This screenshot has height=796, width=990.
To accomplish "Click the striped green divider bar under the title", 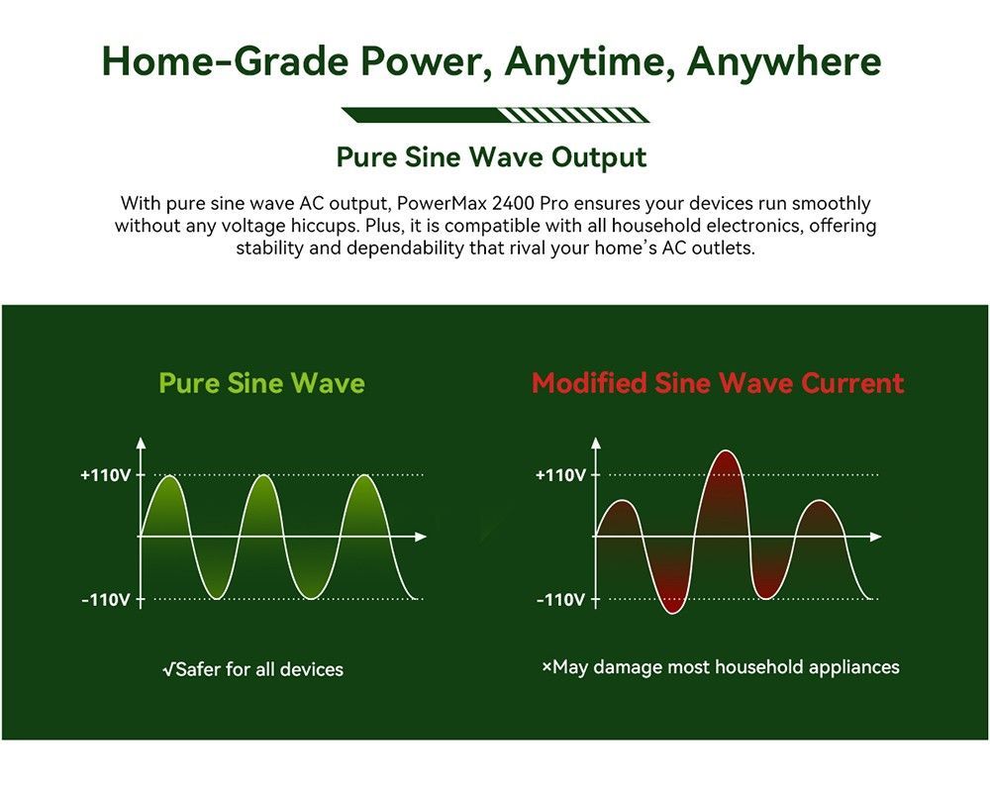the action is click(496, 115).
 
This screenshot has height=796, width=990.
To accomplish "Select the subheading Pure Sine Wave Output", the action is click(491, 157).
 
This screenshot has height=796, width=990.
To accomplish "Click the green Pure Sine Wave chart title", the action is click(262, 383).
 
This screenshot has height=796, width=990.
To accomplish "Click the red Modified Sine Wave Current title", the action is click(718, 383).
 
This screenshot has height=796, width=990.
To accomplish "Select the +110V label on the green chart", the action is click(105, 474).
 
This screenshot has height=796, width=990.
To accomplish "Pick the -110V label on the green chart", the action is click(105, 599).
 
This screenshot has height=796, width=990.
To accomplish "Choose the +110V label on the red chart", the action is click(560, 474).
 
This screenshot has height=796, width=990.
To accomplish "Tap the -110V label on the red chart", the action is click(560, 599).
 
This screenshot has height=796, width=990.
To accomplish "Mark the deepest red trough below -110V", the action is click(672, 611).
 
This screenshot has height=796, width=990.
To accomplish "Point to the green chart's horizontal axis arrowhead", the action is click(421, 537).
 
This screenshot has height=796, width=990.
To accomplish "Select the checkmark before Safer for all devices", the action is click(168, 669).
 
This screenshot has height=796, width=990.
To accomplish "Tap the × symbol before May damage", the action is click(546, 666).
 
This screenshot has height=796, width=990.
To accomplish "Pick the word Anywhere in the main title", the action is click(783, 61).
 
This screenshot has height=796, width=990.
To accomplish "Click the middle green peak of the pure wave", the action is click(265, 477).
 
